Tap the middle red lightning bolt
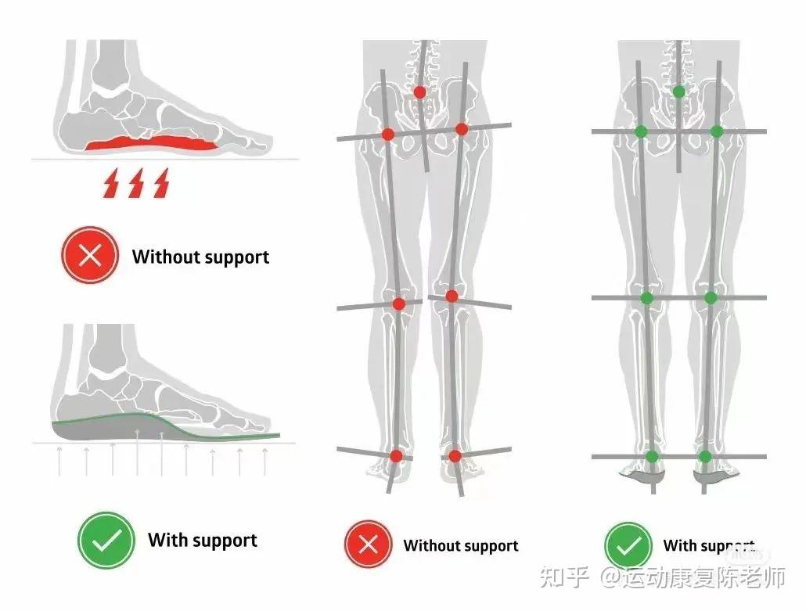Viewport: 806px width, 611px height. click(x=136, y=185)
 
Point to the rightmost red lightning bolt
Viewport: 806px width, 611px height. click(x=161, y=185)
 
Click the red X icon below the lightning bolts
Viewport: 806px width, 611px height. click(x=90, y=256)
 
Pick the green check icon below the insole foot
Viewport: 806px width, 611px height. click(x=106, y=540)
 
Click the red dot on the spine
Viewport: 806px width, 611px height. click(x=420, y=92)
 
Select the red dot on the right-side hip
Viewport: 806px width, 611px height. click(x=462, y=129)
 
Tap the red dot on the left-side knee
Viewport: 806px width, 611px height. click(x=399, y=304)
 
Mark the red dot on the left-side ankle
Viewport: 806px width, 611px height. click(x=396, y=455)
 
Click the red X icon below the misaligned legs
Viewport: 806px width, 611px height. click(x=368, y=545)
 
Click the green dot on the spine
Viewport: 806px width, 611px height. click(x=678, y=92)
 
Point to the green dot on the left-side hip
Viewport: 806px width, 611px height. click(x=642, y=131)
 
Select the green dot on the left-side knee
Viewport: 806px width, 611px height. click(x=647, y=297)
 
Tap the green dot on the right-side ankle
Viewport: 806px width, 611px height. click(x=705, y=456)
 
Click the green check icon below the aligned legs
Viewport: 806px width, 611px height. click(x=628, y=545)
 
